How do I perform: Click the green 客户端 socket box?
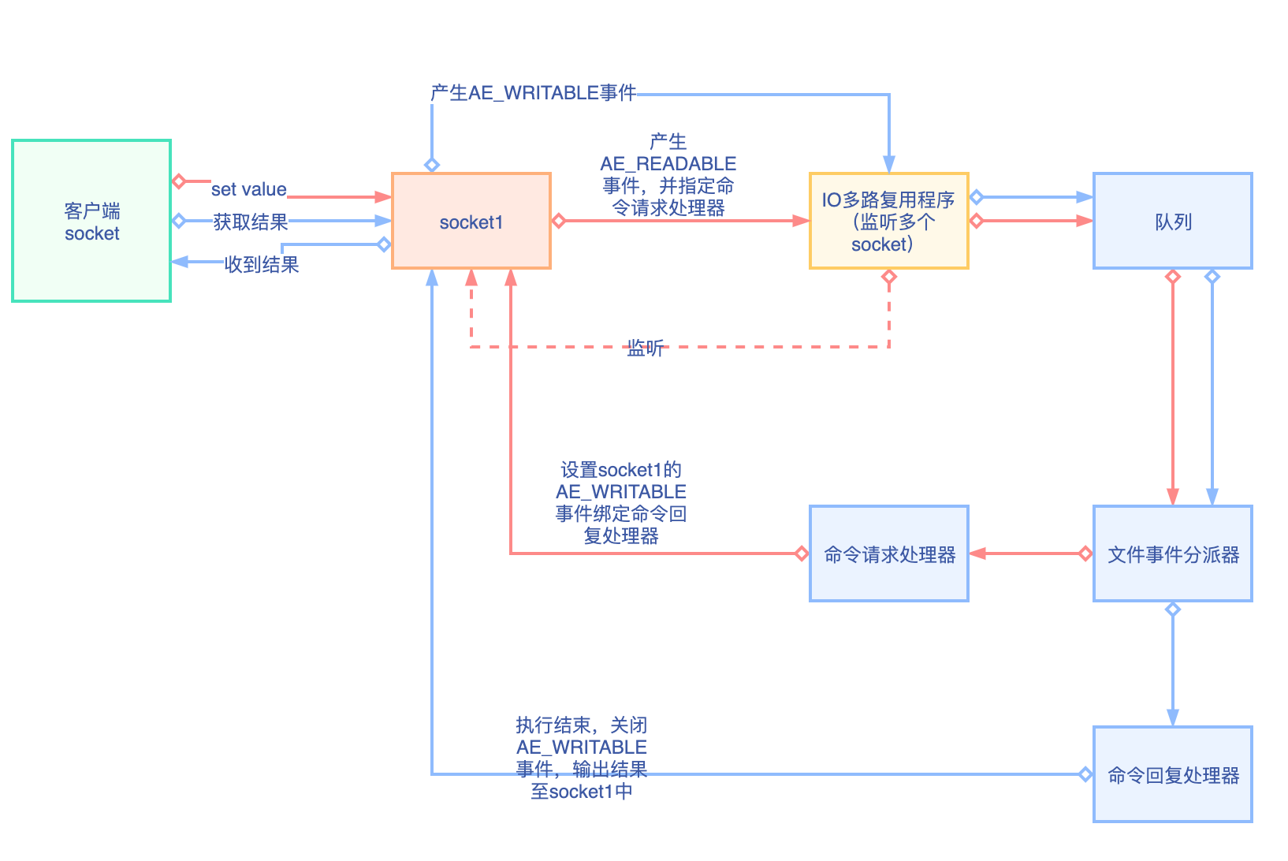click(x=91, y=222)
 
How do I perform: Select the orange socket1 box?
click(x=471, y=222)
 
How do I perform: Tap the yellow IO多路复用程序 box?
click(x=888, y=222)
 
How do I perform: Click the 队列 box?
click(x=1172, y=222)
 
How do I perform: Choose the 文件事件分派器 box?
click(x=1172, y=554)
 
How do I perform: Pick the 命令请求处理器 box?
click(x=888, y=554)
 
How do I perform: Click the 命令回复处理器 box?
click(x=1172, y=775)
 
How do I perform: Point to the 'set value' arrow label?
click(x=248, y=189)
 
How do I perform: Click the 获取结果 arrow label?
click(x=250, y=222)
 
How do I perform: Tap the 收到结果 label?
click(x=262, y=265)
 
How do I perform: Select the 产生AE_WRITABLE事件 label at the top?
click(x=533, y=93)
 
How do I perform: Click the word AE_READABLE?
click(x=668, y=164)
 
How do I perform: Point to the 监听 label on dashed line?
click(x=645, y=348)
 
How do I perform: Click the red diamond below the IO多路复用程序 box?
click(x=889, y=277)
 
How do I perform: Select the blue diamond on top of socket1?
click(x=432, y=165)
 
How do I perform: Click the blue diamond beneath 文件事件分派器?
click(x=1173, y=609)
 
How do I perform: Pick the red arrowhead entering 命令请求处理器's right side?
click(x=978, y=553)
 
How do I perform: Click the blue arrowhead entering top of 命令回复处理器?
click(x=1173, y=717)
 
